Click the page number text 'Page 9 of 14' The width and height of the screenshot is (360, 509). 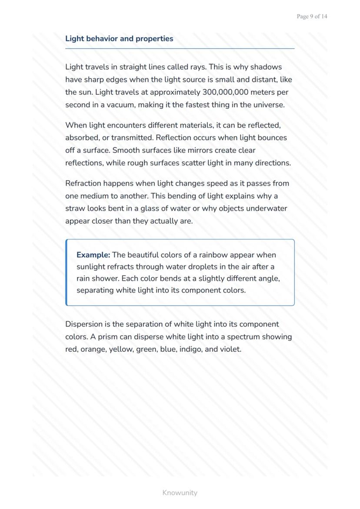point(312,17)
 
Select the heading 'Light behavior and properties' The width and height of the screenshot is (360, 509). point(119,39)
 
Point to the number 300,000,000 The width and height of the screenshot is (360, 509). point(230,92)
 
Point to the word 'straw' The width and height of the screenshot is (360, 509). point(75,209)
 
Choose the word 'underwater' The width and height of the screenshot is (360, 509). point(267,209)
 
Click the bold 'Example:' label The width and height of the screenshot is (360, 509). point(93,255)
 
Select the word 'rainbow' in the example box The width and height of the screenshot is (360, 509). point(212,255)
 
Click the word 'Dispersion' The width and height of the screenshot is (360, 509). point(85,324)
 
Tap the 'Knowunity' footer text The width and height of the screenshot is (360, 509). point(180,493)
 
